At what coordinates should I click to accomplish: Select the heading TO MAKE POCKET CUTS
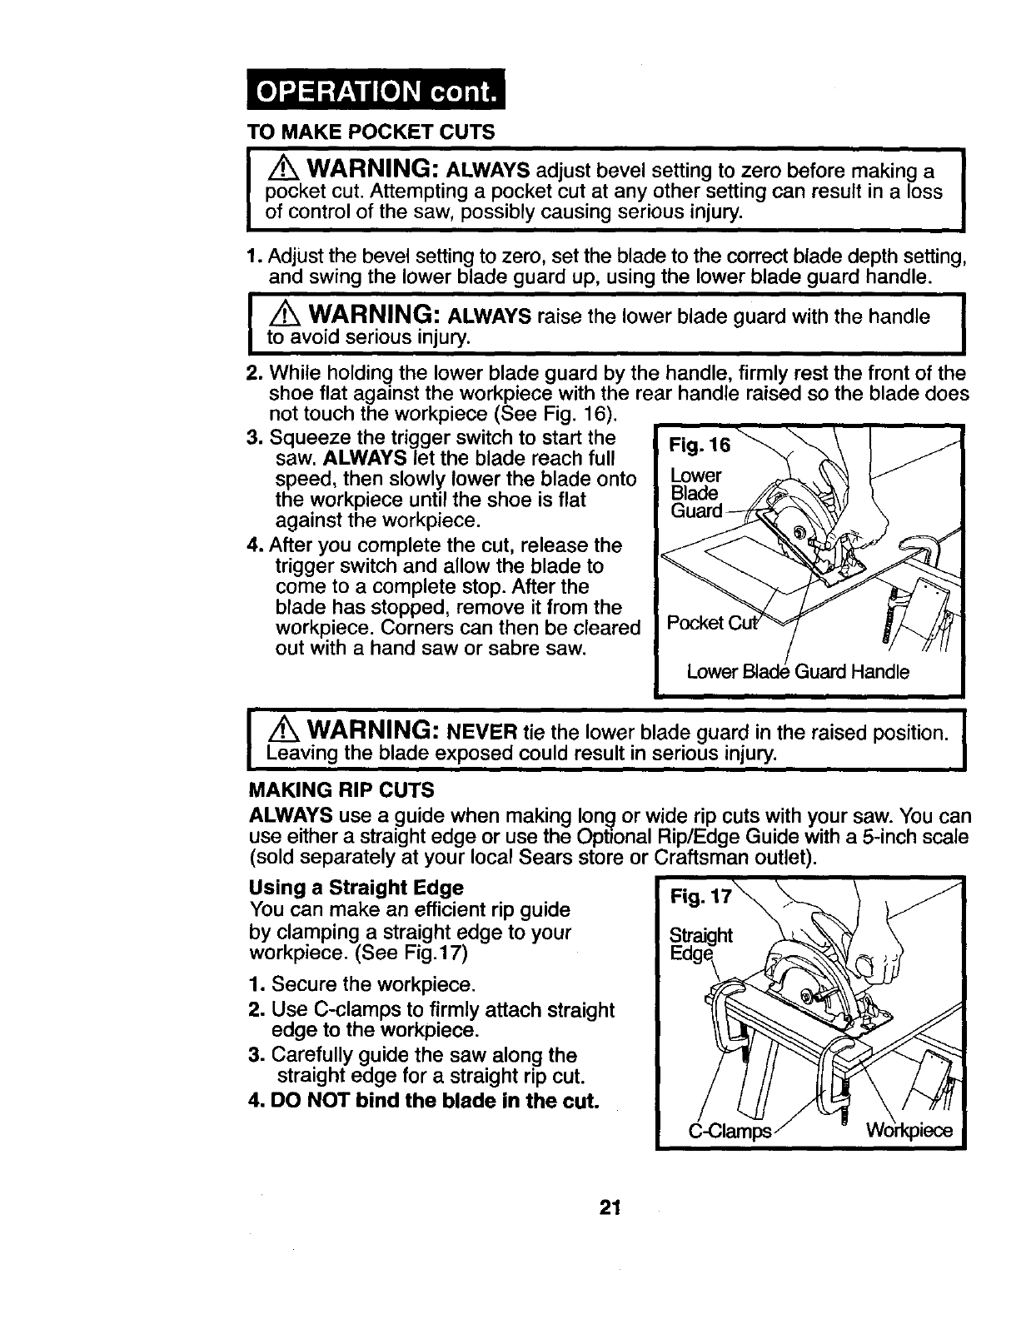pyautogui.click(x=371, y=132)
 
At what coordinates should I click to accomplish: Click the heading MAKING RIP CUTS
pyautogui.click(x=341, y=789)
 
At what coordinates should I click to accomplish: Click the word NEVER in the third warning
pyautogui.click(x=483, y=734)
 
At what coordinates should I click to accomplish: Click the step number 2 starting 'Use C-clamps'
pyautogui.click(x=257, y=1011)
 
